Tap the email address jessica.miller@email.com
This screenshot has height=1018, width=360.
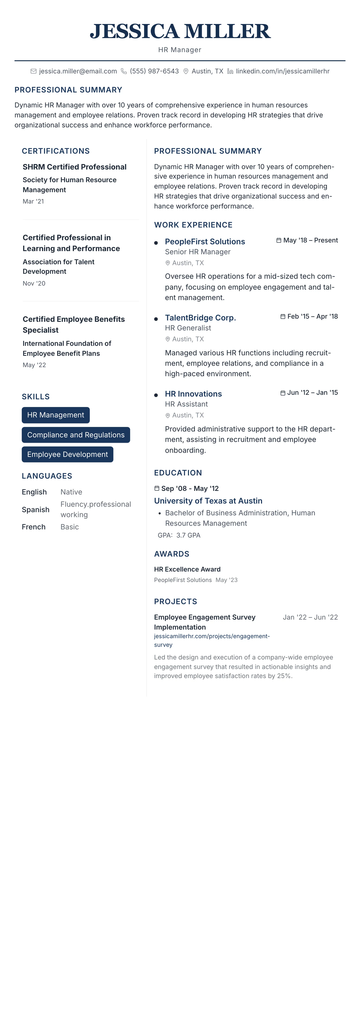click(x=78, y=71)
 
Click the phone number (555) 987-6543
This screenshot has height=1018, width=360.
click(x=154, y=71)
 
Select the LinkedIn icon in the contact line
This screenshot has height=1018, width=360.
click(x=230, y=71)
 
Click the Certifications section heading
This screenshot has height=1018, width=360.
click(x=56, y=151)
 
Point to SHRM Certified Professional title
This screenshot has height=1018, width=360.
click(x=74, y=167)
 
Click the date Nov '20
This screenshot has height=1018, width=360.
click(x=34, y=283)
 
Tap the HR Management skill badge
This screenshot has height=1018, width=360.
click(x=56, y=415)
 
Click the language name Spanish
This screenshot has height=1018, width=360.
click(x=36, y=509)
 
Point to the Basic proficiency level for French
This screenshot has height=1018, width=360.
click(x=70, y=527)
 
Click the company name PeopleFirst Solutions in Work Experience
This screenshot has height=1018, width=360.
click(x=205, y=241)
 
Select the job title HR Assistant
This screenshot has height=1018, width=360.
click(x=186, y=404)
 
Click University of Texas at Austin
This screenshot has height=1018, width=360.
click(x=208, y=501)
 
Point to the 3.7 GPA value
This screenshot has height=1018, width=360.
click(x=188, y=535)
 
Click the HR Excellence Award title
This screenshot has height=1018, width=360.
click(x=187, y=569)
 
